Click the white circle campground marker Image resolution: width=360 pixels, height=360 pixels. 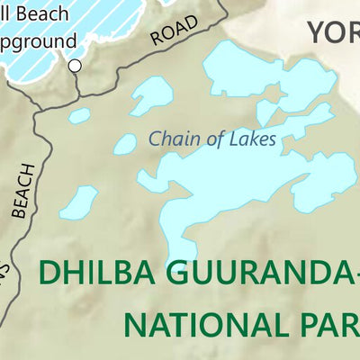click(76, 65)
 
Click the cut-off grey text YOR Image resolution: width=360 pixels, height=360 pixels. click(333, 32)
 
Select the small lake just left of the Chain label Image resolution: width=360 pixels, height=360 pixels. click(125, 143)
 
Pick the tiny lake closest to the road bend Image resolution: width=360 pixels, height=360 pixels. click(80, 116)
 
